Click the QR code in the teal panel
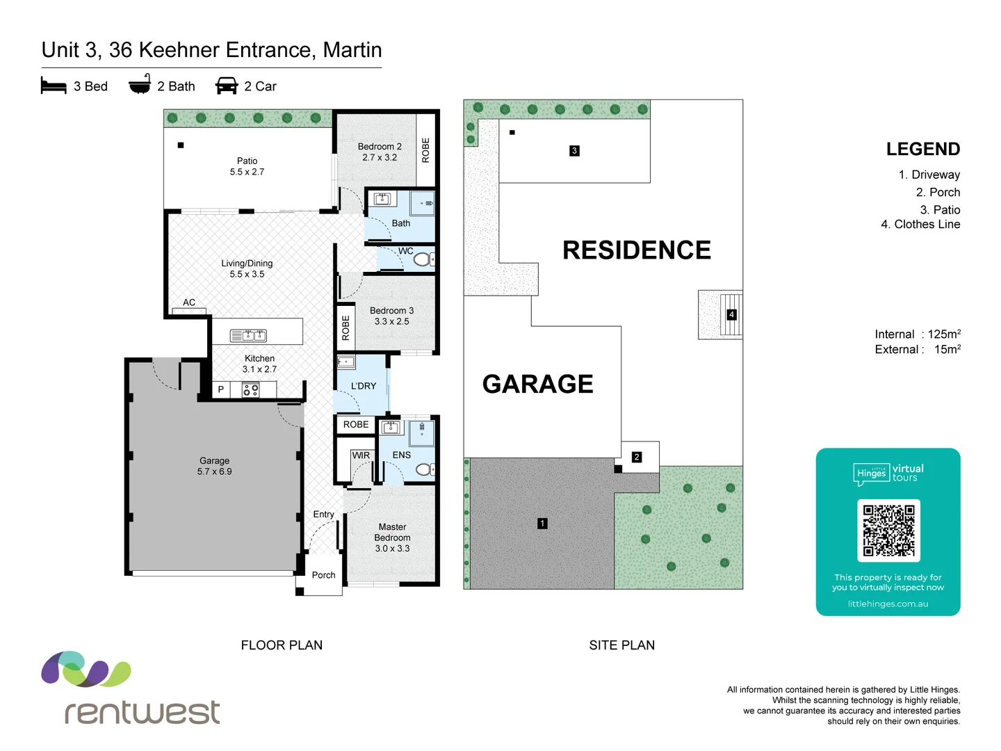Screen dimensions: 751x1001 point(888,531)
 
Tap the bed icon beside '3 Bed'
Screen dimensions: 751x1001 point(54,86)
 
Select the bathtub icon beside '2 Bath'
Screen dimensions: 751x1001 point(140,84)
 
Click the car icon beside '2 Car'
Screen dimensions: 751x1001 point(227,86)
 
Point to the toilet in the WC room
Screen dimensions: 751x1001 point(423,259)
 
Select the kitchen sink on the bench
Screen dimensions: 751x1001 point(248,336)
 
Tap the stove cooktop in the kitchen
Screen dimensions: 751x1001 point(251,390)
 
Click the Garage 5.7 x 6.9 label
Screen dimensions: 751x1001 point(214,466)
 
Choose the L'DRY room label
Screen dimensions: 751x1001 point(364,386)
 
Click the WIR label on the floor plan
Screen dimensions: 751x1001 point(361,455)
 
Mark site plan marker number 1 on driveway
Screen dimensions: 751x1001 point(542,524)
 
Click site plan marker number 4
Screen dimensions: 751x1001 point(731,315)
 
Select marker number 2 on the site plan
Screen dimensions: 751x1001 point(637,457)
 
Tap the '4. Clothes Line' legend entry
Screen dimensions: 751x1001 point(920,225)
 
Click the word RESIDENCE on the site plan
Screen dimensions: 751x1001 point(636,250)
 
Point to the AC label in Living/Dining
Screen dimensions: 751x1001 point(189,302)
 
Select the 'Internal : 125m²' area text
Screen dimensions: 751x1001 point(918,334)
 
